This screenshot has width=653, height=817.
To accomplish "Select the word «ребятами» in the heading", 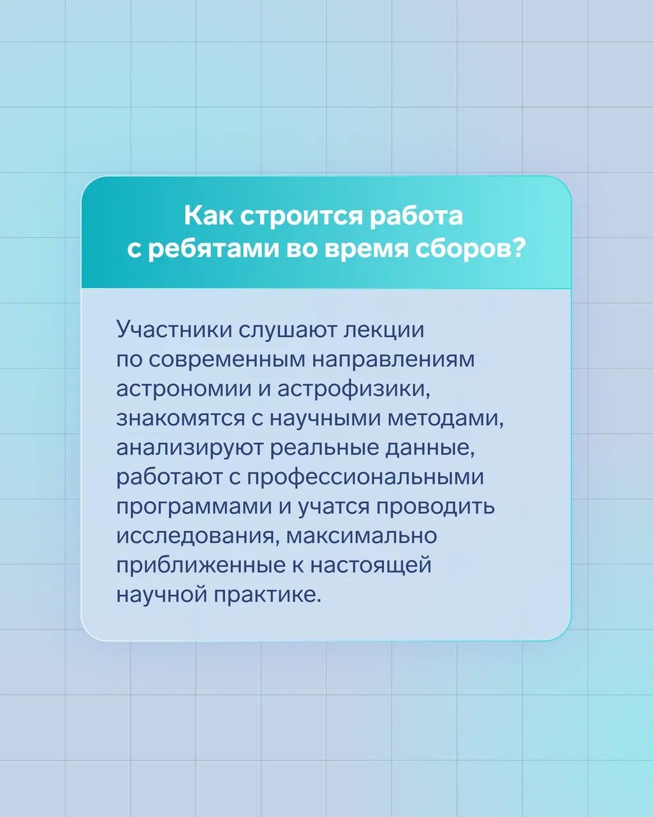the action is click(x=212, y=251).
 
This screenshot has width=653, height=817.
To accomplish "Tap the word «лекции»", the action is click(x=384, y=330).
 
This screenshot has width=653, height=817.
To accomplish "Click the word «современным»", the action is click(x=226, y=359).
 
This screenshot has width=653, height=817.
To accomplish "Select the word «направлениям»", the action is click(x=393, y=361).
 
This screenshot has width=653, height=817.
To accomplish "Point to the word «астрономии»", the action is click(x=184, y=389).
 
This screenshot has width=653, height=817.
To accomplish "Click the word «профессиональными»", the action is click(x=366, y=477).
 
